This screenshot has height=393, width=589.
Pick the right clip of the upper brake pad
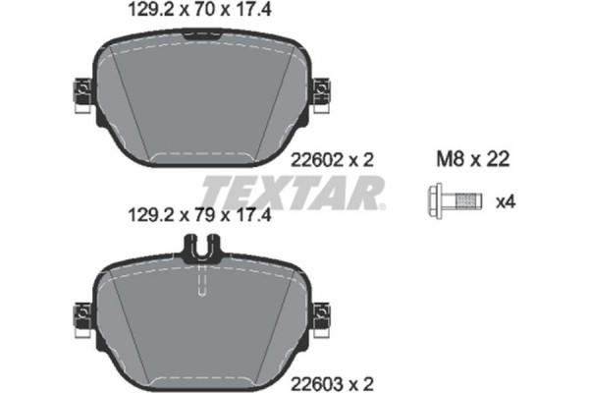[320, 93]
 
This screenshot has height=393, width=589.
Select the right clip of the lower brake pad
[320, 316]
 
